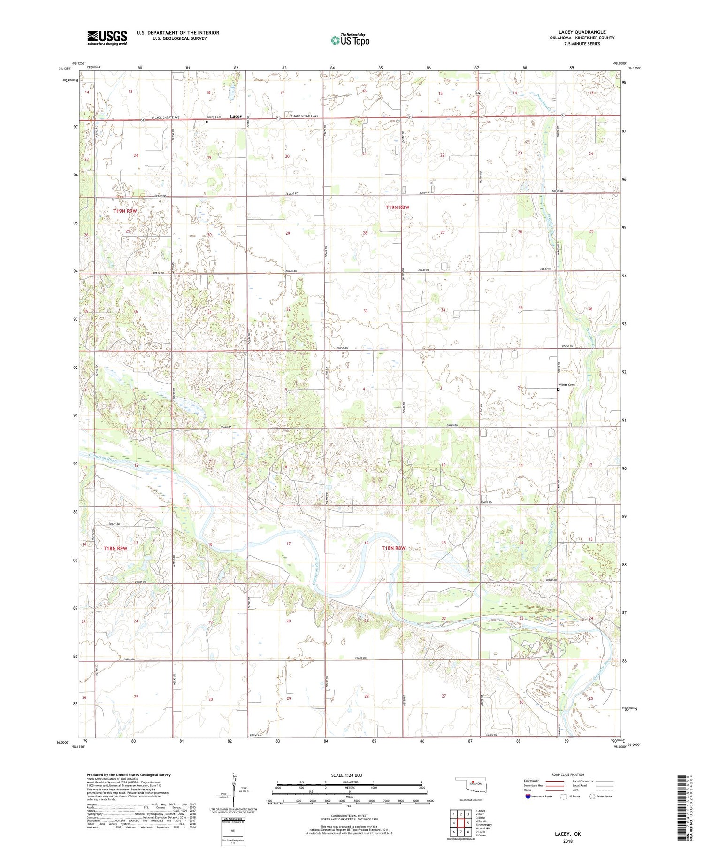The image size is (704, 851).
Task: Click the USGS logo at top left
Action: [107, 38]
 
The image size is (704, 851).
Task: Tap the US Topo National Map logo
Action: [350, 40]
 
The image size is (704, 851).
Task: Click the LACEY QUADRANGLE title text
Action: [582, 32]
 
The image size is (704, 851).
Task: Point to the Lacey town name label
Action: [236, 116]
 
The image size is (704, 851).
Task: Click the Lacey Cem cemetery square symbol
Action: [207, 122]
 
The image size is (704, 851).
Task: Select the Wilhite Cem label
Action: [566, 385]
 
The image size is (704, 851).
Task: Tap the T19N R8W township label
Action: [398, 207]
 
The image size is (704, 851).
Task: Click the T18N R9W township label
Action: [115, 548]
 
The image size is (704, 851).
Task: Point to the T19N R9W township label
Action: [125, 211]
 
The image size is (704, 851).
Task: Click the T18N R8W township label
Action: [393, 548]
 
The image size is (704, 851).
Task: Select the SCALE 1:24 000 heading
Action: [347, 775]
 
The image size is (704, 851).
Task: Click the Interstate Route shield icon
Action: [528, 797]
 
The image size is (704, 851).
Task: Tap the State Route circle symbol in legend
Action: [592, 797]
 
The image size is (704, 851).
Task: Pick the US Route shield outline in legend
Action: [564, 797]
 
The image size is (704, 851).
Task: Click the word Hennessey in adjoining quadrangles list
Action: [485, 825]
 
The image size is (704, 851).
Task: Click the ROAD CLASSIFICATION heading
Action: [567, 774]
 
